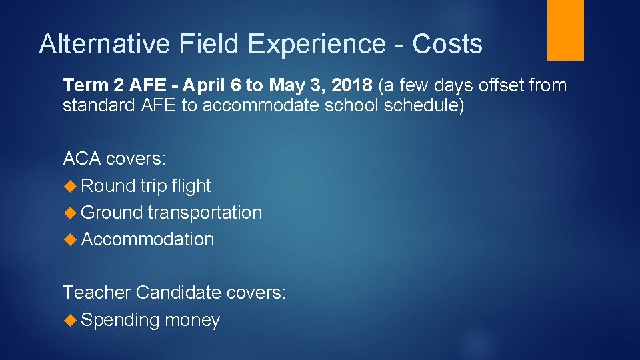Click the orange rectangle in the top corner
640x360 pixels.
coord(565,29)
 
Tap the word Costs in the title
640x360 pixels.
coord(447,44)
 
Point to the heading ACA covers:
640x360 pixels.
coord(114,159)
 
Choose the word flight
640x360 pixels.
coord(191,186)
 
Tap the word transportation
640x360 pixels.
coord(205,213)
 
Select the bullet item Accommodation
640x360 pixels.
coord(147,239)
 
